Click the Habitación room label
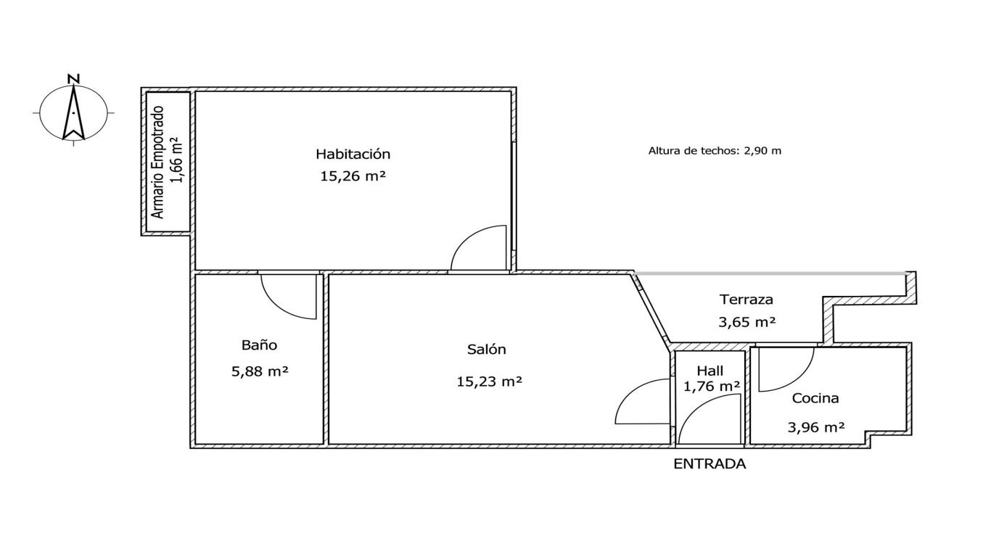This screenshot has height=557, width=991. click(353, 154)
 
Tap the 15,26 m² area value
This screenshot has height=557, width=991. click(353, 176)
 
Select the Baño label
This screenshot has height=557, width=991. click(259, 345)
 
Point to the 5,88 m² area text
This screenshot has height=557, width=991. click(260, 371)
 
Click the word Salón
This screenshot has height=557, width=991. click(487, 350)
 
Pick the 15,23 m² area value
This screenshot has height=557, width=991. click(489, 381)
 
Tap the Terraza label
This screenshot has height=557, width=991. click(747, 300)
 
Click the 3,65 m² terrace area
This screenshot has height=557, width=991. click(747, 321)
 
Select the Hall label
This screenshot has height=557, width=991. click(710, 371)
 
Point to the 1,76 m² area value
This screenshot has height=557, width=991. click(712, 387)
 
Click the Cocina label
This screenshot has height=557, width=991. click(815, 398)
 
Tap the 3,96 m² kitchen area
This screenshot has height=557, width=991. click(816, 427)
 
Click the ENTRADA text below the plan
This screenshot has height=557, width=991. click(710, 463)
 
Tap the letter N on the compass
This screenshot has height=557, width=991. click(74, 79)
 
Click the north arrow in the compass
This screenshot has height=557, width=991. click(74, 112)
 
